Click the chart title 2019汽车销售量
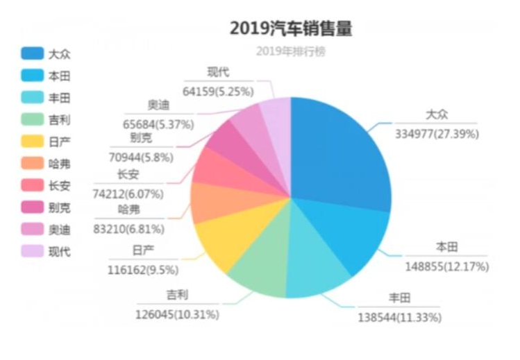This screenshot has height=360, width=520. [x=291, y=28]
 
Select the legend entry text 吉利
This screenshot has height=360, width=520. [x=60, y=120]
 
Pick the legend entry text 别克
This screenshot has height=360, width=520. [x=60, y=207]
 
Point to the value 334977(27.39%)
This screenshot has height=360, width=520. [x=437, y=134]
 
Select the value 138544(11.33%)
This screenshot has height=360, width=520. [x=399, y=318]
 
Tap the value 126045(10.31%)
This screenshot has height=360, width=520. [x=178, y=314]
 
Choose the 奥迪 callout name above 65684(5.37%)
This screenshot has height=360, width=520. [x=158, y=106]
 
